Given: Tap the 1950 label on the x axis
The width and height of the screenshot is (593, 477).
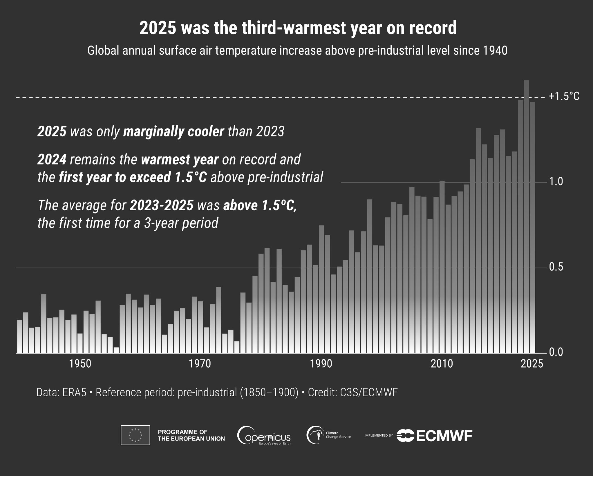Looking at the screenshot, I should click(80, 364).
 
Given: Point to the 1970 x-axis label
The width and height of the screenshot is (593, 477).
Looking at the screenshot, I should click(200, 364).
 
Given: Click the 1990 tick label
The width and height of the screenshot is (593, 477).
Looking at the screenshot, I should click(321, 364).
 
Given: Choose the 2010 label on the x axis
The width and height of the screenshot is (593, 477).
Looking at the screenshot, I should click(442, 364).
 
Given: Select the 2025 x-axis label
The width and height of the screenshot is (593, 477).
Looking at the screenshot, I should click(532, 364).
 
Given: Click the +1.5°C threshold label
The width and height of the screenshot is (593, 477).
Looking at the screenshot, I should click(564, 96).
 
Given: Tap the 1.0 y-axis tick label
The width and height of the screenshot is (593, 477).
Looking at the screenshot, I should click(556, 182).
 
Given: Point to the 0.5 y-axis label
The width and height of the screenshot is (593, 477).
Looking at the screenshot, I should click(556, 267).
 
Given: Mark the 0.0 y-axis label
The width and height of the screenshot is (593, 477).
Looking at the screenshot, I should click(556, 352).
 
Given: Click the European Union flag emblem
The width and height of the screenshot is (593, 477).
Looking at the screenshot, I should click(135, 435).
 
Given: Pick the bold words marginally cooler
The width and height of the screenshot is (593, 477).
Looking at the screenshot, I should click(173, 132).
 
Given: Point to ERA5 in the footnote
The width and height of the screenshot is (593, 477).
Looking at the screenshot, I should click(74, 393).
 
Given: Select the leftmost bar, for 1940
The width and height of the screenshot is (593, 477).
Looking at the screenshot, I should click(20, 337).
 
